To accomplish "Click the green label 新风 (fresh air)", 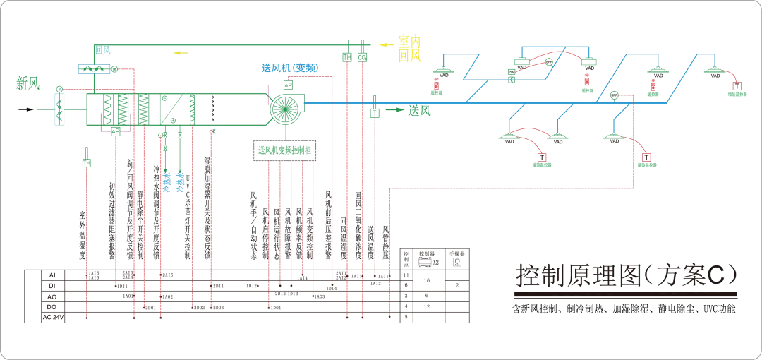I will pyautogui.click(x=28, y=84).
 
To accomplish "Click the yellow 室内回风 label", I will pyautogui.click(x=410, y=49).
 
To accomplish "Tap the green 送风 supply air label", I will pyautogui.click(x=419, y=110).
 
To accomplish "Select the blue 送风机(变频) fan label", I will pyautogui.click(x=289, y=68).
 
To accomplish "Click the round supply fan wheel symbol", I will pyautogui.click(x=286, y=110).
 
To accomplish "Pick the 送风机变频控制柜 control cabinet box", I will pyautogui.click(x=285, y=150).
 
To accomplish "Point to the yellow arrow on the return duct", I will pyautogui.click(x=181, y=52).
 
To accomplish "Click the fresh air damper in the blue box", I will pyautogui.click(x=60, y=110).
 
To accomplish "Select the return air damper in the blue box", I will pyautogui.click(x=94, y=69).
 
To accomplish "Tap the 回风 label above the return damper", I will pyautogui.click(x=103, y=50).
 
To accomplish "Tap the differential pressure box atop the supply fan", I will pyautogui.click(x=288, y=85).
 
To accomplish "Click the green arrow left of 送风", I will pyautogui.click(x=395, y=110).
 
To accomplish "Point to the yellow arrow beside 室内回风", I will pyautogui.click(x=386, y=44).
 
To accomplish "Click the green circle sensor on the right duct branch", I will pyautogui.click(x=614, y=95).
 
